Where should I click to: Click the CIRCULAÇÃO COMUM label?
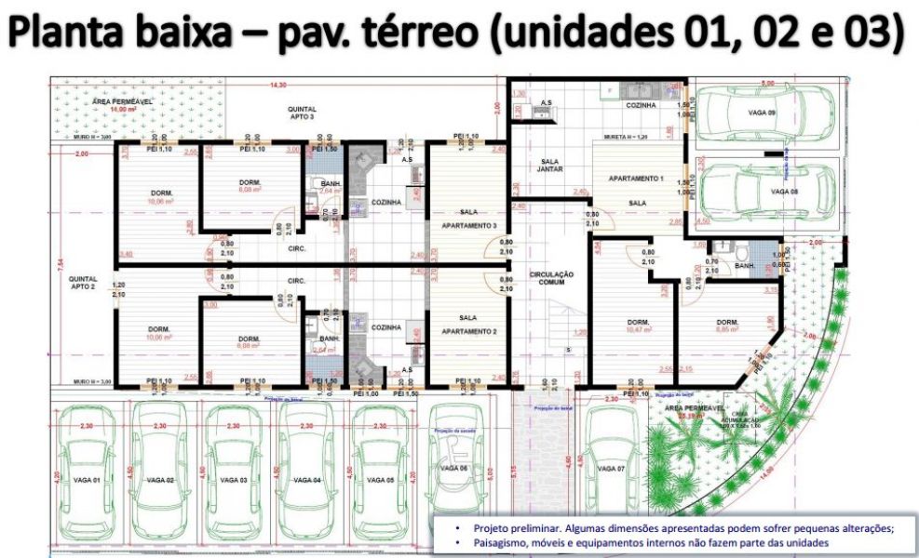point(551,279)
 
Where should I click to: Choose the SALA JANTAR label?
point(549,166)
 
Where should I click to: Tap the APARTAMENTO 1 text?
point(636,178)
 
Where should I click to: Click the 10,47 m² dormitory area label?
point(637,328)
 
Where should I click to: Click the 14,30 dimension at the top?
point(277,85)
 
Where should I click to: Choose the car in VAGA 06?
point(455,465)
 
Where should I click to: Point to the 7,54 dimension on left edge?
point(58,263)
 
